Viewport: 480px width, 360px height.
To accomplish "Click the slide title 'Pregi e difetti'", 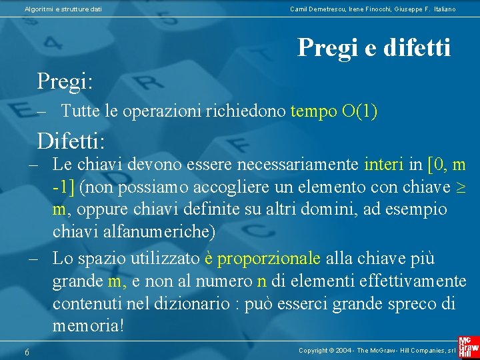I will (x=374, y=47).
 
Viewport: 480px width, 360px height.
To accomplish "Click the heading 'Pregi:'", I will (x=65, y=81).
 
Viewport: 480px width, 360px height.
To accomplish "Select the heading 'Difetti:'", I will (x=71, y=141).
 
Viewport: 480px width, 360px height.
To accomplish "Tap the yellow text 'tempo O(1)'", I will (x=334, y=111).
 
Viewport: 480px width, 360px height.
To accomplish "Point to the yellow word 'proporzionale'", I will (x=269, y=258).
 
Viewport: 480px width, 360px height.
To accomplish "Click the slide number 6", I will (x=27, y=352).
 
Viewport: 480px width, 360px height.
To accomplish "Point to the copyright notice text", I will (x=377, y=350).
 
